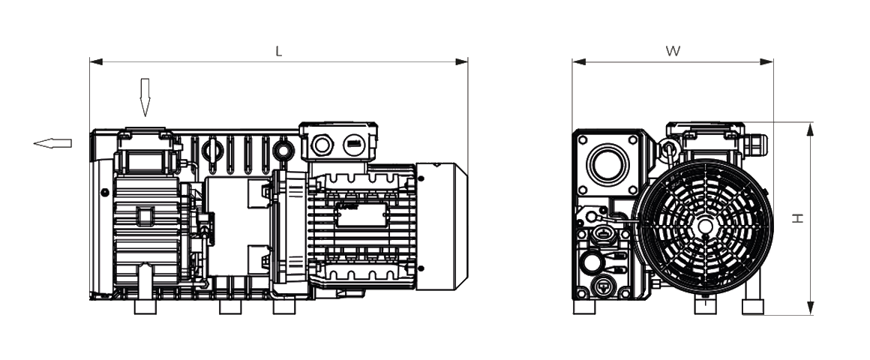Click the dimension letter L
point(278,52)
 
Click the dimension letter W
point(673,52)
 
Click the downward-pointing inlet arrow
point(145,97)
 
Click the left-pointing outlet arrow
point(53,143)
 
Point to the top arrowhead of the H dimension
point(810,130)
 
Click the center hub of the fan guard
point(705,226)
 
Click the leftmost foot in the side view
point(145,306)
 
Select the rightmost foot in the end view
point(753,306)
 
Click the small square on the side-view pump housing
point(144,217)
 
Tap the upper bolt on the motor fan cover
point(420,178)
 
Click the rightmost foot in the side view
point(284,306)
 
